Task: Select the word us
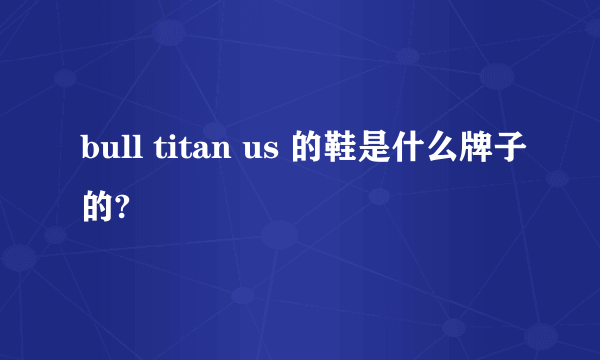pyautogui.click(x=261, y=153)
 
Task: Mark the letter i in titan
pyautogui.click(x=168, y=150)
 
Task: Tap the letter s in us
pyautogui.click(x=272, y=153)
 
